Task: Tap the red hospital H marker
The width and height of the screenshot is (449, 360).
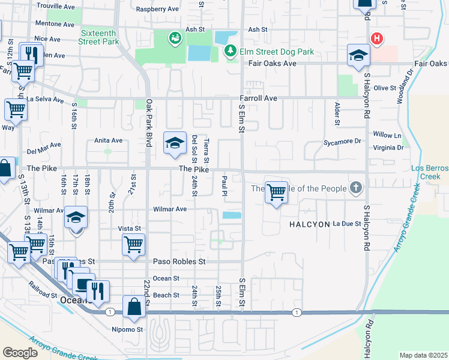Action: coord(376,39)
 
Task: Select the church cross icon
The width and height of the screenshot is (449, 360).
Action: coord(356,188)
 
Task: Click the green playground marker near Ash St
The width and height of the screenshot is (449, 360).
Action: coord(174,38)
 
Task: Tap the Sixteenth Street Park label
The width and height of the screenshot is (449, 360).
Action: coord(98,38)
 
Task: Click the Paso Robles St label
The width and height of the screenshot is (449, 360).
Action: coord(179,262)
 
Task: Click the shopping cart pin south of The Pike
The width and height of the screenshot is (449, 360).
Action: coord(276,192)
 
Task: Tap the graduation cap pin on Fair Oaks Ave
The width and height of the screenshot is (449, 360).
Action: coord(358,55)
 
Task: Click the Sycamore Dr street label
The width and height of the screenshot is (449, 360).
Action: coord(342,142)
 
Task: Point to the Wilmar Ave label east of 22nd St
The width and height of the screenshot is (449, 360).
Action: coord(170,209)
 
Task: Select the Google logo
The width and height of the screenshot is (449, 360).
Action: coord(20,353)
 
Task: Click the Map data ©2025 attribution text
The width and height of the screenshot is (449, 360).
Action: coord(423,355)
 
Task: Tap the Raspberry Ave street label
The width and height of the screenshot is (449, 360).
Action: coord(158,9)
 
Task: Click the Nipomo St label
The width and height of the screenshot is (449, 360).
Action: coord(127,329)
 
